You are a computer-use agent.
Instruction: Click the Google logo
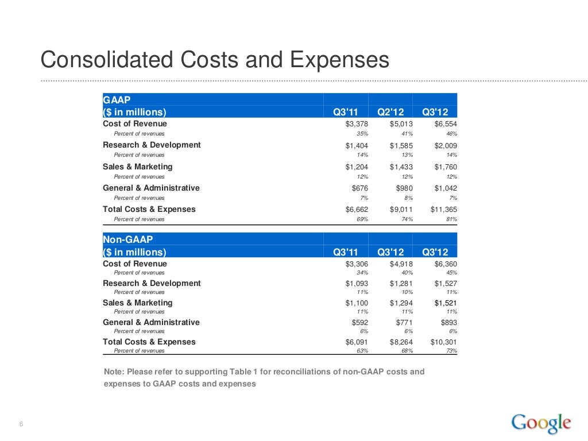[x=541, y=423]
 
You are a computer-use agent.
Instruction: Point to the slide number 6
[x=21, y=425]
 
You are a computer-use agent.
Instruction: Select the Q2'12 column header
[x=390, y=111]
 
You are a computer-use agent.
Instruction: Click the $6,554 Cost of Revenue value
[x=445, y=123]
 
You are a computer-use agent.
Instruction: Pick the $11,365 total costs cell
[x=443, y=210]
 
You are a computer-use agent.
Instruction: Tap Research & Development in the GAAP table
[x=152, y=145]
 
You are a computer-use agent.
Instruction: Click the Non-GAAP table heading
[x=128, y=239]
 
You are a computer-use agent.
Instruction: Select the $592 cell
[x=359, y=323]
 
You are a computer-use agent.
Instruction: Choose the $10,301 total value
[x=443, y=342]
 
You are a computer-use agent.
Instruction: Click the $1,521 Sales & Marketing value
[x=445, y=303]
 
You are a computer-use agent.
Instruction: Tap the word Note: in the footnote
[x=113, y=372]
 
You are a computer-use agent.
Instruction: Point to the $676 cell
[x=359, y=188]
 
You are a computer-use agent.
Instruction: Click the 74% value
[x=407, y=219]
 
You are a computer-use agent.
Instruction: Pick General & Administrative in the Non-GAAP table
[x=151, y=323]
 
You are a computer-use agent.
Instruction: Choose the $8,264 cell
[x=401, y=342]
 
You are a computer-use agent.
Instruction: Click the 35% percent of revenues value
[x=362, y=133]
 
